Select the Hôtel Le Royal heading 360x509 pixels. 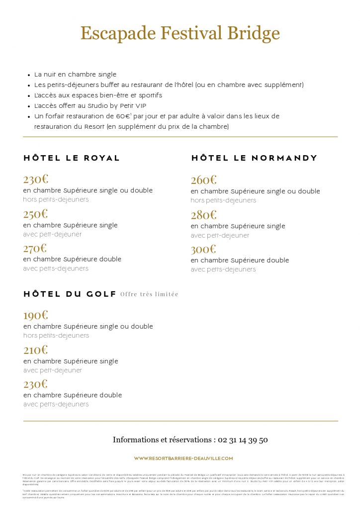pyautogui.click(x=72, y=158)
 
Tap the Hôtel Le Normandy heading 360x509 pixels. pyautogui.click(x=254, y=158)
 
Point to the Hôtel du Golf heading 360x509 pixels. pyautogui.click(x=70, y=294)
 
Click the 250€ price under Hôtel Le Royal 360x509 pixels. pyautogui.click(x=35, y=214)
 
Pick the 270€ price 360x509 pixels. pyautogui.click(x=35, y=248)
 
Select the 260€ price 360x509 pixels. pyautogui.click(x=203, y=180)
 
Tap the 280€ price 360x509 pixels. pyautogui.click(x=203, y=215)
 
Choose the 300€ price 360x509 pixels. pyautogui.click(x=203, y=249)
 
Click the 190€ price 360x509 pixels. pyautogui.click(x=35, y=315)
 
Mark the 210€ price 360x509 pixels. pyautogui.click(x=35, y=349)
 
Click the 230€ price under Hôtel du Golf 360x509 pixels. pyautogui.click(x=35, y=384)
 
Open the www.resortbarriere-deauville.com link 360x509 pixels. pyautogui.click(x=183, y=458)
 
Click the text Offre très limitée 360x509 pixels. pyautogui.click(x=149, y=294)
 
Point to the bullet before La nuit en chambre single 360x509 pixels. pyautogui.click(x=29, y=75)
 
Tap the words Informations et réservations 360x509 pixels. pyautogui.click(x=162, y=439)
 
